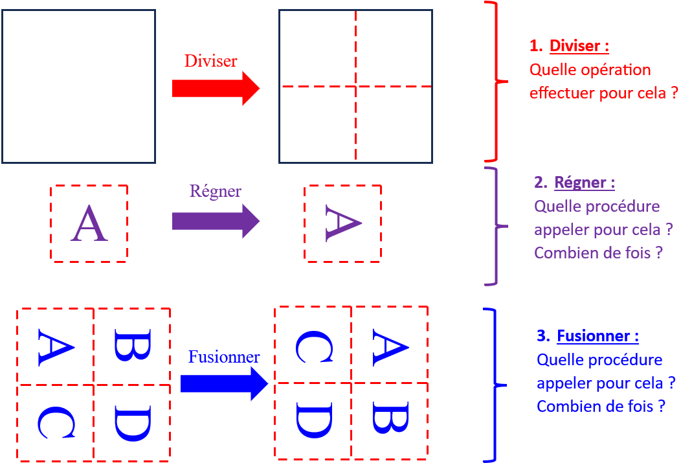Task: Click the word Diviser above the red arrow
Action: click(x=211, y=61)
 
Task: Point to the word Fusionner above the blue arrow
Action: click(x=224, y=357)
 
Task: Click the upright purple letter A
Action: click(x=89, y=224)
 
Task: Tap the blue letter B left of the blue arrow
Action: click(x=133, y=345)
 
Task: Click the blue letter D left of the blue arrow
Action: click(x=133, y=423)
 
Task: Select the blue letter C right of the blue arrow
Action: click(x=313, y=345)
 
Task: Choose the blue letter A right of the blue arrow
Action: click(x=390, y=345)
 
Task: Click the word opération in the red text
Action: click(x=610, y=70)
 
